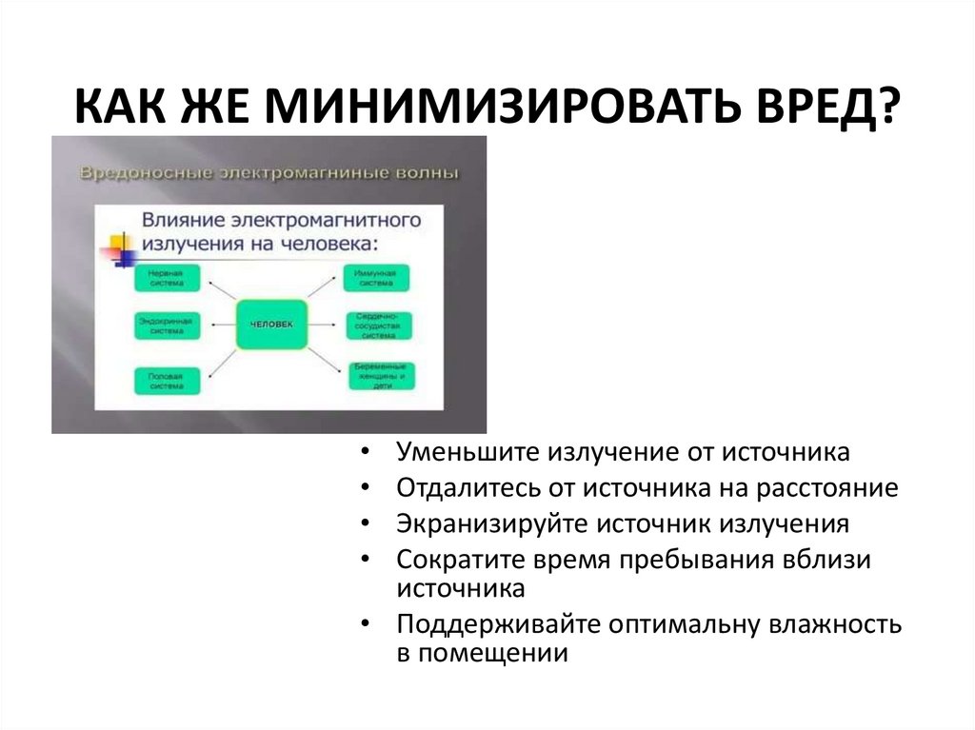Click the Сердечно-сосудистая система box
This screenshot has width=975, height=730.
coord(377,326)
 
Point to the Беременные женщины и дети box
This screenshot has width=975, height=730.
coord(379,377)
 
